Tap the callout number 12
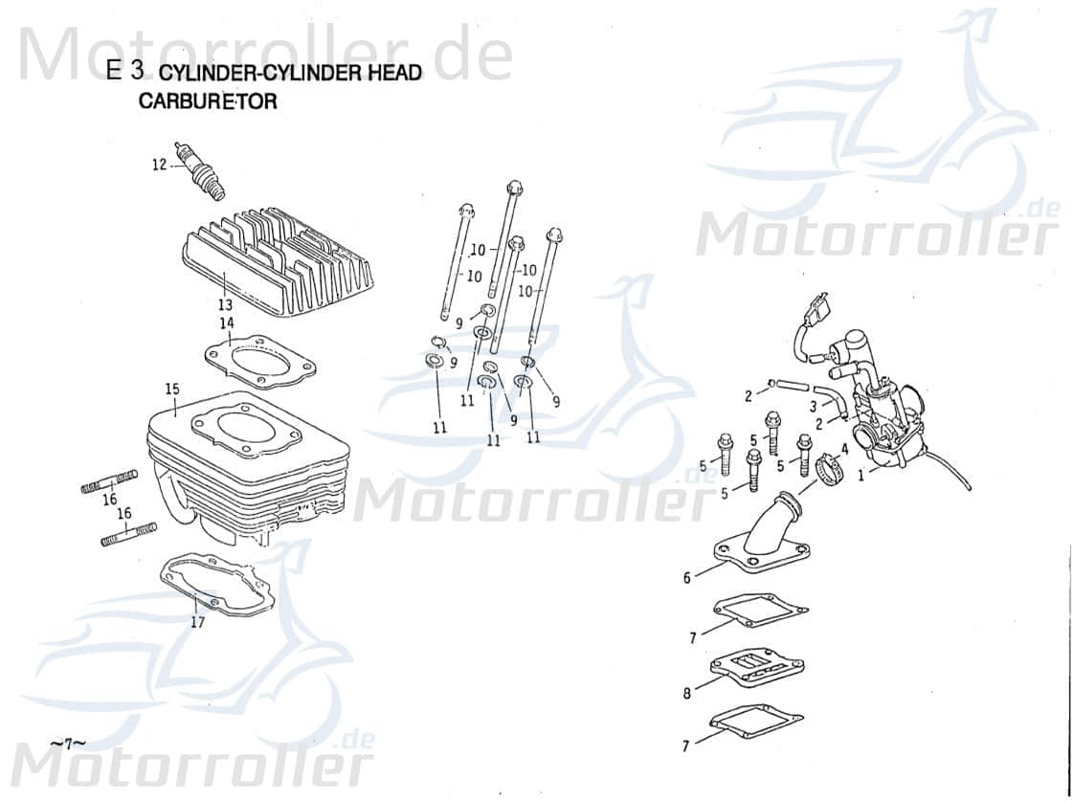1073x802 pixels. pos(159,165)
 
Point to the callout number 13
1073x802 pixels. pos(224,305)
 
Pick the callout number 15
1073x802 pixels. pos(172,389)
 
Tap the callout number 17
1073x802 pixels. pos(196,622)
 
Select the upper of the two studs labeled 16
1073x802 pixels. pos(109,482)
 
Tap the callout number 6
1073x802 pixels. pos(686,578)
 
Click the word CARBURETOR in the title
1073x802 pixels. pos(208,101)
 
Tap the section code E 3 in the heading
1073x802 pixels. pos(125,70)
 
